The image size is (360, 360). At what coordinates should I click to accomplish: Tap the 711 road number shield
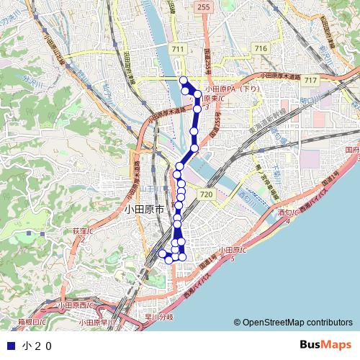click(178, 48)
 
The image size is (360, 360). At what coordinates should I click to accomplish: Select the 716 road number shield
click(260, 48)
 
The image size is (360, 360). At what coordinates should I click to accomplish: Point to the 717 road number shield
click(311, 79)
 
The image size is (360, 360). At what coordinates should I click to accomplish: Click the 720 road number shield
click(207, 194)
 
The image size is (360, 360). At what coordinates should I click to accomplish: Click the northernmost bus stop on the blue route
click(183, 80)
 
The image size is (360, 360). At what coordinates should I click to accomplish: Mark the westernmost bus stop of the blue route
click(161, 253)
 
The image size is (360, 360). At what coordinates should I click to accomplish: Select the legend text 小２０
click(37, 346)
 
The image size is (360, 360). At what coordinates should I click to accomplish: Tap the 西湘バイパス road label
click(199, 285)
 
